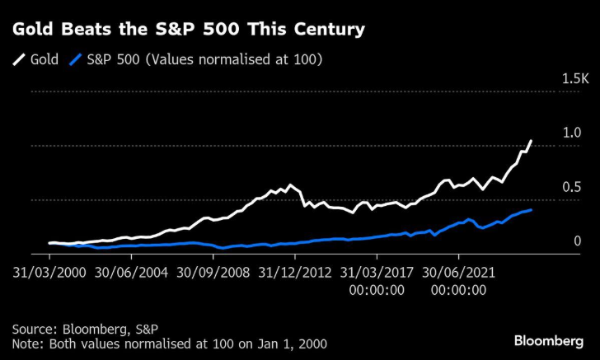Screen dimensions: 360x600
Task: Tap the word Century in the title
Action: (329, 30)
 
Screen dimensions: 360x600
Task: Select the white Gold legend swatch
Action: (18, 60)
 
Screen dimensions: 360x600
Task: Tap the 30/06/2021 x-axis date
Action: (457, 270)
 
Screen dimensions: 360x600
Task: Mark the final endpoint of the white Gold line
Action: (531, 141)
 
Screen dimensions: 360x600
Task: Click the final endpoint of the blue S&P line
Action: (531, 210)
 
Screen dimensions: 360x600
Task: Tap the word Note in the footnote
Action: (26, 343)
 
